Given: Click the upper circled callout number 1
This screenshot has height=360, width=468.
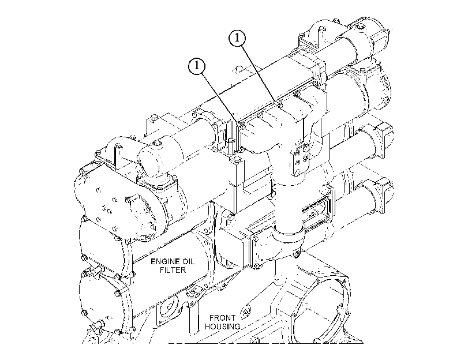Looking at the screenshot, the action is tap(237, 39).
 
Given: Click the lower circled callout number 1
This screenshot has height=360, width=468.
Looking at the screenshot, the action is tap(197, 65).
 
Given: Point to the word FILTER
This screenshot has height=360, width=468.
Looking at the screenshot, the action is tap(173, 270).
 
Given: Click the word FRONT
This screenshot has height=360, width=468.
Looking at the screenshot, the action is tap(222, 318).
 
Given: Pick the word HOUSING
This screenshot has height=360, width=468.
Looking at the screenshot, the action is tap(223, 327).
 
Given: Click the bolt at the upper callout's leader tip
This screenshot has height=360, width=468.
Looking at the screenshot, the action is tap(280, 104).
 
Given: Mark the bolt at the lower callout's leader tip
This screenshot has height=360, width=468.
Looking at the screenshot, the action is tap(243, 126).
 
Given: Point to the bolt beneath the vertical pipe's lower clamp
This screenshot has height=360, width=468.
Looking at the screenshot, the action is tap(296, 254).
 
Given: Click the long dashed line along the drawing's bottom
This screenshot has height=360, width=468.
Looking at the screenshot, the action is tap(265, 343).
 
